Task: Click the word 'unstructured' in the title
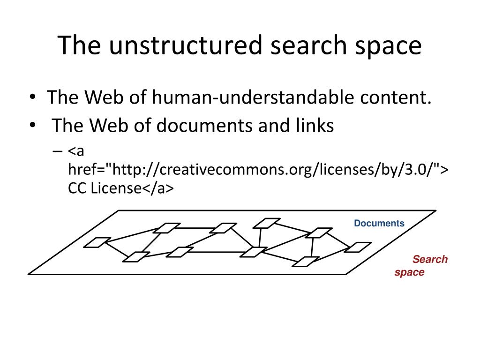(186, 45)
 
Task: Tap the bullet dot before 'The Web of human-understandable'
(32, 97)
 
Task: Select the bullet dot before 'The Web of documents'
(32, 125)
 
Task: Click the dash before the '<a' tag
(57, 151)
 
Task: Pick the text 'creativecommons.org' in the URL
(235, 169)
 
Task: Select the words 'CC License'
(105, 188)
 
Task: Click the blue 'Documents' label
(379, 223)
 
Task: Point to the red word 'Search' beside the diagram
(430, 259)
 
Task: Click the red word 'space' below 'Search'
(409, 272)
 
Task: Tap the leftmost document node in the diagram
(97, 242)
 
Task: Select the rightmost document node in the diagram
(358, 247)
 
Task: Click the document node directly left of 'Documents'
(318, 232)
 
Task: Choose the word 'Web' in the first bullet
(104, 97)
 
